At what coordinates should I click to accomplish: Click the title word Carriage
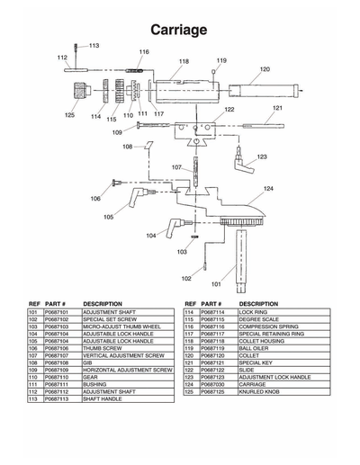[179, 30]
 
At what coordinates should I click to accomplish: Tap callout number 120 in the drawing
[265, 69]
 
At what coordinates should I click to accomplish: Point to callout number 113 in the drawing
[94, 45]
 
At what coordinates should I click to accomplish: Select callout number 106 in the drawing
[95, 198]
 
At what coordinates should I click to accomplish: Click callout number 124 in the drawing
[267, 188]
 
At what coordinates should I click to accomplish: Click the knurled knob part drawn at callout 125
[76, 94]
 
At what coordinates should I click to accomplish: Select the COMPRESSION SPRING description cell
[268, 324]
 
